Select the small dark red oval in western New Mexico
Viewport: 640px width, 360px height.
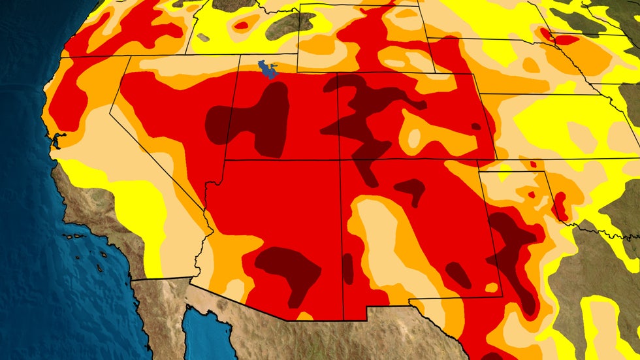point(347,268)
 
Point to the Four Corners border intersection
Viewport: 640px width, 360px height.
point(338,159)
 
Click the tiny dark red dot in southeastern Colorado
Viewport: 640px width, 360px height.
point(475,126)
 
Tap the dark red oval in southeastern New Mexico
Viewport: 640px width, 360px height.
point(458,275)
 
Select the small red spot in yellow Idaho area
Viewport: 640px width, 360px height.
point(242,25)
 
